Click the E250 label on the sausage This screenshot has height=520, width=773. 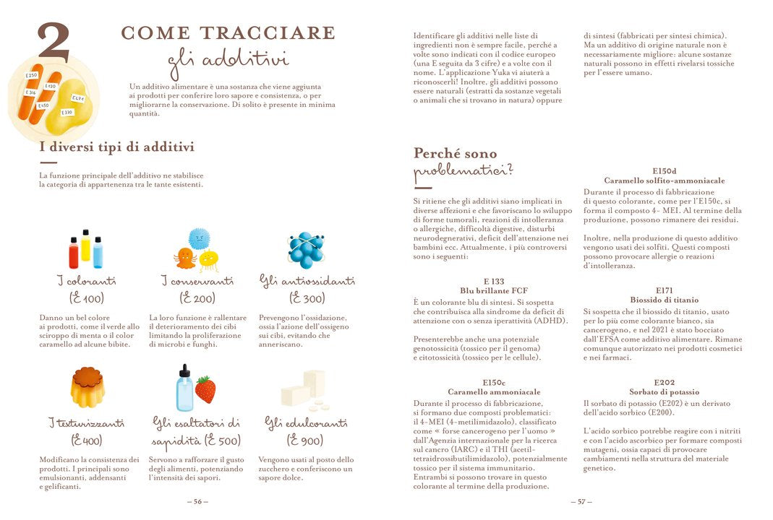point(31,75)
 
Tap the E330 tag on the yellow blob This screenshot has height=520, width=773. point(67,113)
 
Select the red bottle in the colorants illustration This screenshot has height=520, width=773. point(74,253)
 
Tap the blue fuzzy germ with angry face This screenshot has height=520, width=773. point(199,239)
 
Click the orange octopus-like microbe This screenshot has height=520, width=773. point(184,258)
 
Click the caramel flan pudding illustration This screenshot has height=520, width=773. point(87,388)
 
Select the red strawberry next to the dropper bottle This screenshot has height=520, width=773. point(205,390)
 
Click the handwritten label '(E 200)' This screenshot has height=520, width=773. point(197,298)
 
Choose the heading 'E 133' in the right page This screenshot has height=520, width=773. point(494,282)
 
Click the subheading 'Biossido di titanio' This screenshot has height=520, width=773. point(665,299)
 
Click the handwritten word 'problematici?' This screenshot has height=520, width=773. point(463,173)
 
